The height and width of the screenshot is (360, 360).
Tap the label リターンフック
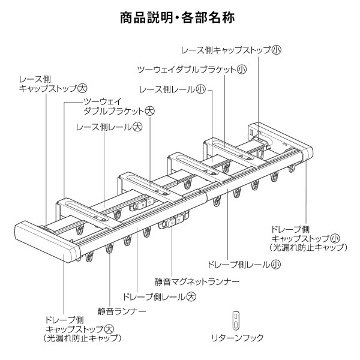[237, 338]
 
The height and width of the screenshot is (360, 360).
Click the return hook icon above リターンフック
[236, 319]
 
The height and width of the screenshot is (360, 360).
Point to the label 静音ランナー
[122, 311]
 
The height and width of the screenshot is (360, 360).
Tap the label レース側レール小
[172, 89]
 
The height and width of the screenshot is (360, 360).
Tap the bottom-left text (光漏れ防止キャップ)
[82, 338]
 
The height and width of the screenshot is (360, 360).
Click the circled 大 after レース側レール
[137, 127]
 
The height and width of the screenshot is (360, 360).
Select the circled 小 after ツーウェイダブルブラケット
[241, 69]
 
